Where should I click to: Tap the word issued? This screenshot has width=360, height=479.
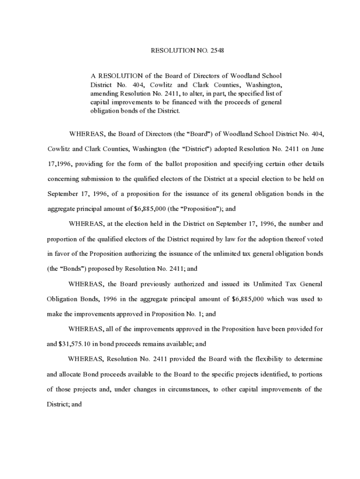[230, 284]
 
